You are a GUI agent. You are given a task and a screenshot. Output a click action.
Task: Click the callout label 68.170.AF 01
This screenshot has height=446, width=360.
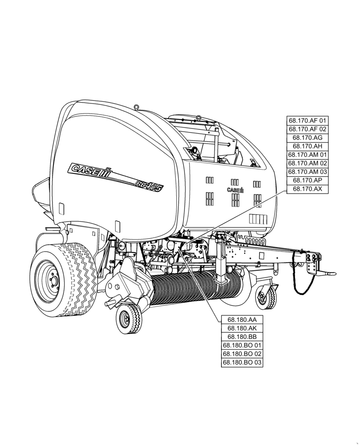pyautogui.click(x=307, y=120)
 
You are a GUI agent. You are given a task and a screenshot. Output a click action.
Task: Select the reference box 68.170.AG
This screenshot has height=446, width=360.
pyautogui.click(x=307, y=137)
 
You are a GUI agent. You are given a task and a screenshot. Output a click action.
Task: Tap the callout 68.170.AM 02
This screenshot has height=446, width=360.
pyautogui.click(x=307, y=163)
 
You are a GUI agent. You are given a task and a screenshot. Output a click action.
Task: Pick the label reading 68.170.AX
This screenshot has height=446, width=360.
pyautogui.click(x=307, y=189)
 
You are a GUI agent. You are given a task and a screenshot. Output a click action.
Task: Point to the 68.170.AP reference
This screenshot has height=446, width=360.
pyautogui.click(x=307, y=181)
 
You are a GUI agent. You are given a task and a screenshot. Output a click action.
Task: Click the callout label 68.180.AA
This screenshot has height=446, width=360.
pyautogui.click(x=242, y=320)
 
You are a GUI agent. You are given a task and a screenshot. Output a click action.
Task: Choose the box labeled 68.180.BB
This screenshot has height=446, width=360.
pyautogui.click(x=242, y=337)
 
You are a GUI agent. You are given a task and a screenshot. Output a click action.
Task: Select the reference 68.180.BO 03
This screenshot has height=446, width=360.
pyautogui.click(x=242, y=363)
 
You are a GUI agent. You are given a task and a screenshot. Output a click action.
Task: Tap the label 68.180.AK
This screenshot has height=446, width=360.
pyautogui.click(x=242, y=328)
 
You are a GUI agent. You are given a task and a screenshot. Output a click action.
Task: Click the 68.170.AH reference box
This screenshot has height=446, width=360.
pyautogui.click(x=307, y=146)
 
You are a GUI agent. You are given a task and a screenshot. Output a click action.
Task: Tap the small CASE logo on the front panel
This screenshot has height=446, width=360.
pyautogui.click(x=235, y=190)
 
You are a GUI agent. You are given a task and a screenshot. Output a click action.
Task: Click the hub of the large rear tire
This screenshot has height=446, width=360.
pyautogui.click(x=52, y=279)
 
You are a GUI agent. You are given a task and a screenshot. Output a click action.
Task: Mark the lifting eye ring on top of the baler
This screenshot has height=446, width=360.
pyautogui.click(x=137, y=107)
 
